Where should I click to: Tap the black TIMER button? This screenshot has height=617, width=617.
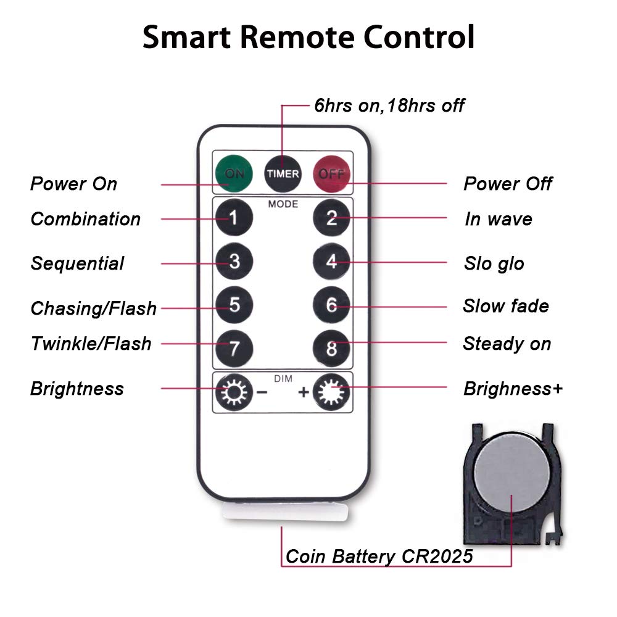283,173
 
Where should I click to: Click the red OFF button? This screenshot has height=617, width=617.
331,173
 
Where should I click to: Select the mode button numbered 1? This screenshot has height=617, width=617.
234,217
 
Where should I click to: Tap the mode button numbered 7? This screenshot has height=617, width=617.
234,348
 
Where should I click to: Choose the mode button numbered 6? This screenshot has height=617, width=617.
331,305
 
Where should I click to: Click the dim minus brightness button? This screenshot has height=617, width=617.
234,392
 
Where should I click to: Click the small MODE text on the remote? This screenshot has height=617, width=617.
283,204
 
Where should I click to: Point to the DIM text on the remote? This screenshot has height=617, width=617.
283,379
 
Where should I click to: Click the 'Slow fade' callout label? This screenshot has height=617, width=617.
506,306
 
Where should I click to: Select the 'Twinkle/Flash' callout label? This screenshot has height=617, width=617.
91,343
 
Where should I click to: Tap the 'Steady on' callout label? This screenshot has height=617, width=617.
507,344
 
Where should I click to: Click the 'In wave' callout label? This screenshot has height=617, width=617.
498,219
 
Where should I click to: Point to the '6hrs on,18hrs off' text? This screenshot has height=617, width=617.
389,106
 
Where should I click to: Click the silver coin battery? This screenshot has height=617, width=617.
511,472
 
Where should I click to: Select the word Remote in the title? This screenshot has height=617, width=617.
297,37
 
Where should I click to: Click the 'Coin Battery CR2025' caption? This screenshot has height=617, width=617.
379,557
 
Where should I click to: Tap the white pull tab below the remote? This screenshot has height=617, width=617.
285,511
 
